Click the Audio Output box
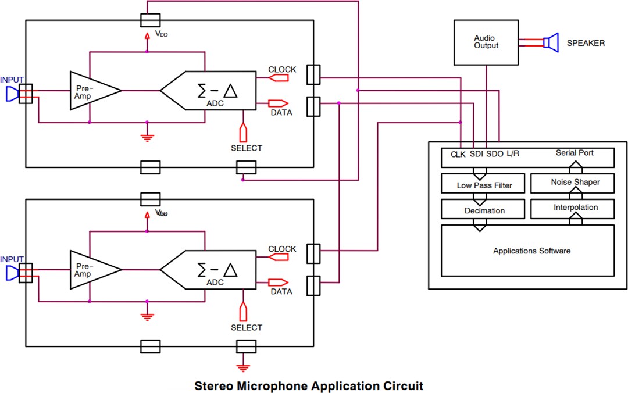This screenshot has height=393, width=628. tap(486, 42)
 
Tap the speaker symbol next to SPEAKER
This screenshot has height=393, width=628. tap(549, 42)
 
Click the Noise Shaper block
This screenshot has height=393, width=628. tap(575, 183)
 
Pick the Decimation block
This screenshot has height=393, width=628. tap(484, 210)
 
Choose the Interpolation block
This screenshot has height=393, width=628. tap(575, 208)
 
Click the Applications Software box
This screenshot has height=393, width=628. tap(531, 251)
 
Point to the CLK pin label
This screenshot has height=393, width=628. tap(458, 155)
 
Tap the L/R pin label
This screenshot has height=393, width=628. tap(513, 154)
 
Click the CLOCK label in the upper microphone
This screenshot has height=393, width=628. tap(282, 70)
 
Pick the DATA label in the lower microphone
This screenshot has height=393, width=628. tap(281, 292)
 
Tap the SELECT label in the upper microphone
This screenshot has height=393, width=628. tap(246, 148)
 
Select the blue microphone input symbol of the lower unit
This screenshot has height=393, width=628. tap(12, 273)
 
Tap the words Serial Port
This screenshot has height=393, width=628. tap(575, 153)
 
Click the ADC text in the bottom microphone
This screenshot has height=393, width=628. tap(215, 282)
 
